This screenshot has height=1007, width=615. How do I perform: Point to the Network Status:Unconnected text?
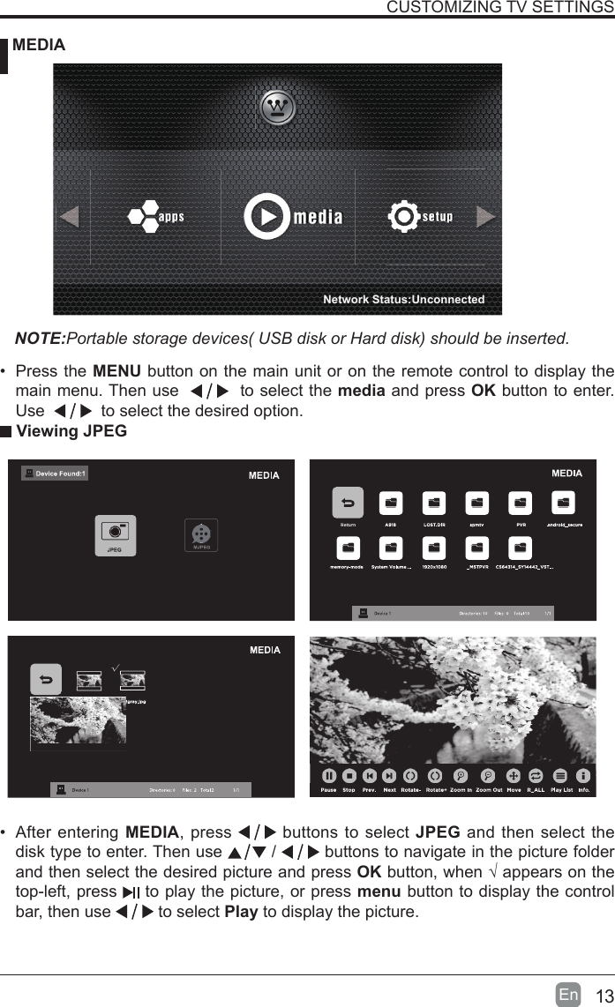tap(403, 299)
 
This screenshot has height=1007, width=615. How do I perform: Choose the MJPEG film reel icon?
tap(202, 533)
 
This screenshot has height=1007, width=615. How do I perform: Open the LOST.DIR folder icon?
tap(434, 503)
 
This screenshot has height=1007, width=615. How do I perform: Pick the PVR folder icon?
tap(521, 503)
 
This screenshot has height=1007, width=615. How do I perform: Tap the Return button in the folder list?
tap(348, 503)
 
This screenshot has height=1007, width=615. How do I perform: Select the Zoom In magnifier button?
tap(461, 776)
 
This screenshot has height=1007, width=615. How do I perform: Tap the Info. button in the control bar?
tap(583, 776)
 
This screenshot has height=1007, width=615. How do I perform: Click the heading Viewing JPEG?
tap(71, 431)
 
